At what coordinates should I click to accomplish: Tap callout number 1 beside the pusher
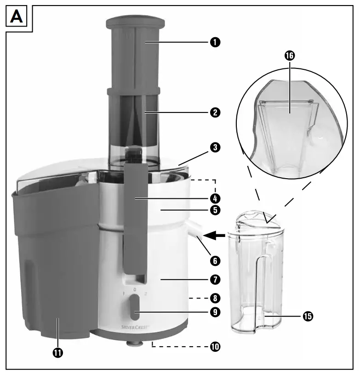(x=215, y=42)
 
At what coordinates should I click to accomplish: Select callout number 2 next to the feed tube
(x=215, y=112)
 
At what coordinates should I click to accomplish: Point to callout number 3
(x=215, y=148)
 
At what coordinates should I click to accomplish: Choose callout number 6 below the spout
(x=215, y=260)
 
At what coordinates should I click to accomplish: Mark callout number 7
(x=215, y=279)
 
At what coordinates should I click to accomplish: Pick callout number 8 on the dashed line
(x=215, y=298)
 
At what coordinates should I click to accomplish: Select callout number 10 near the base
(x=215, y=346)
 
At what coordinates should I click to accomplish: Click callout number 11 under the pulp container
(x=57, y=353)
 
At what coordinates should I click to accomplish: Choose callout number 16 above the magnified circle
(x=289, y=55)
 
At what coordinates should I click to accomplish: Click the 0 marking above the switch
(x=134, y=290)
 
